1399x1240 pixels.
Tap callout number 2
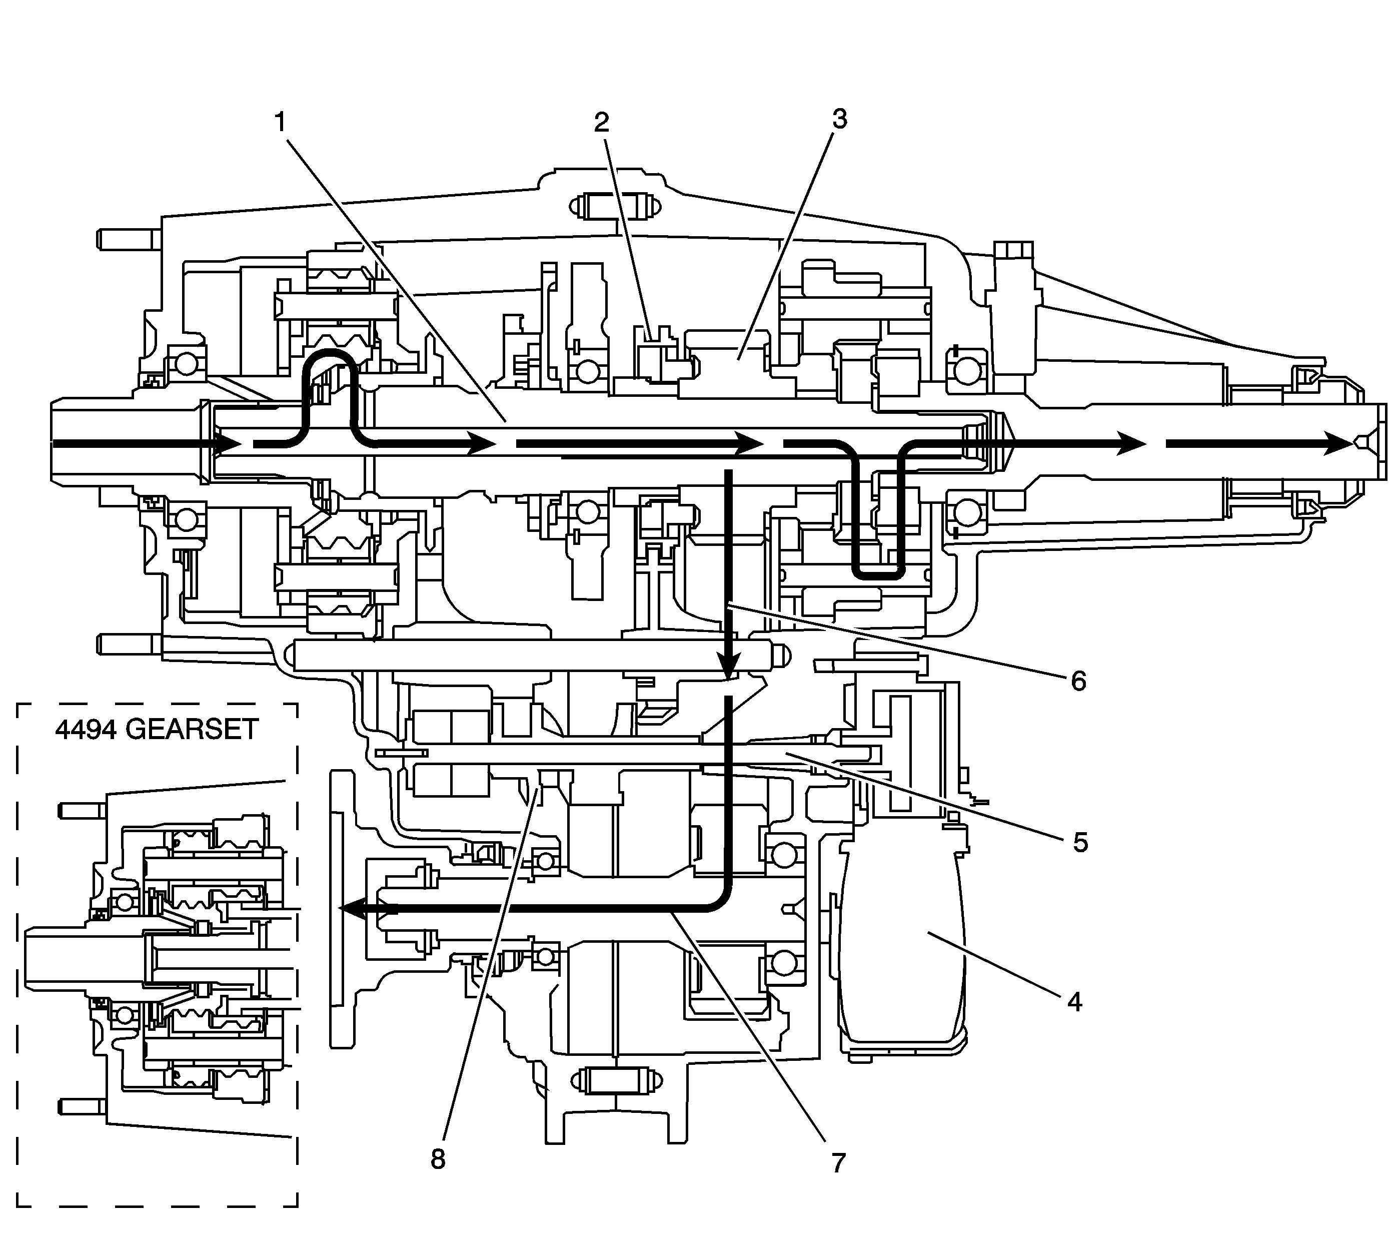[601, 123]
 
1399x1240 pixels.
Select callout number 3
[839, 120]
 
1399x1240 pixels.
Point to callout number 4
[1074, 1002]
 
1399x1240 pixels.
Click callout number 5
[1079, 842]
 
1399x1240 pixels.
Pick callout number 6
[1078, 681]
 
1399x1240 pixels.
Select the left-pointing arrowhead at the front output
[356, 909]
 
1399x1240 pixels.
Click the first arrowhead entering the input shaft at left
[226, 444]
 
